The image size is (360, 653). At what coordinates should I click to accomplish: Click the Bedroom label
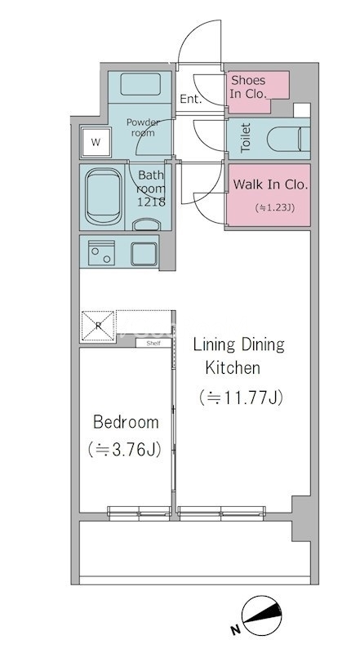pos(126,422)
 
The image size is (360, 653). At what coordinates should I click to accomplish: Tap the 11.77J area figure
pos(242,398)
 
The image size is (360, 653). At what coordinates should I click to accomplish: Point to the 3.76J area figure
pos(125,450)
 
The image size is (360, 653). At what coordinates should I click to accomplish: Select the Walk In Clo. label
pos(270,184)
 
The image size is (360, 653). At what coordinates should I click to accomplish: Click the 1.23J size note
pos(274,208)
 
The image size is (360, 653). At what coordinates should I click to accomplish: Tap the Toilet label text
pos(246,137)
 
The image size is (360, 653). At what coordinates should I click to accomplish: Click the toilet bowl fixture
pos(288,139)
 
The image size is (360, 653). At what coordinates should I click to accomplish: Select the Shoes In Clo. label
pos(248,87)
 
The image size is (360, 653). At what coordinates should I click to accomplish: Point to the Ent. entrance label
pos(190,99)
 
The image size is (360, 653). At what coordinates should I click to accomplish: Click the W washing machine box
pos(96,142)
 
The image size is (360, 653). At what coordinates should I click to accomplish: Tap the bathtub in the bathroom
pos(104,197)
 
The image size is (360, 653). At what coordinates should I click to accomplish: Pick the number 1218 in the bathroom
pos(152,202)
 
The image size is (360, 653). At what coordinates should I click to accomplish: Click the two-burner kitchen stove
pos(102,252)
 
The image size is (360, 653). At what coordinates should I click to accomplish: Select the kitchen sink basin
pos(144,254)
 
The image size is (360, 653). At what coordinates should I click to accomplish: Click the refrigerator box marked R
pos(98,326)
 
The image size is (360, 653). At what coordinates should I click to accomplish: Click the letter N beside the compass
pos(235,630)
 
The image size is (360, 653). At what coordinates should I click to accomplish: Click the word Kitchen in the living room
pos(233,367)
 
